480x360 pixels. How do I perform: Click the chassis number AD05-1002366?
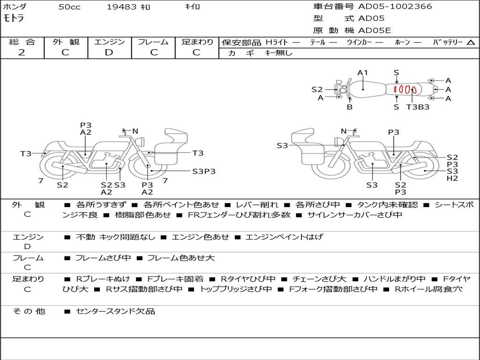point(395,7)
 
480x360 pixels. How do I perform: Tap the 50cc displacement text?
point(69,7)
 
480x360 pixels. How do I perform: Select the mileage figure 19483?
point(121,7)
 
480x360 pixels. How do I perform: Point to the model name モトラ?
point(14,19)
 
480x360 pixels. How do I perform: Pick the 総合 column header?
point(22,42)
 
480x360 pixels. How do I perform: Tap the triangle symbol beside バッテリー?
point(471,42)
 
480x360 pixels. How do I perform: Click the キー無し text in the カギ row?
point(278,53)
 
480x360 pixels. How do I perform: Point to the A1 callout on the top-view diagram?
point(363,73)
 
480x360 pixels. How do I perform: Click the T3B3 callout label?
point(418,107)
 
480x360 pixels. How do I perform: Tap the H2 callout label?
point(452,178)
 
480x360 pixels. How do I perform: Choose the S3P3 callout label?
point(204,171)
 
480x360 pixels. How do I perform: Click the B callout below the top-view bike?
point(350,107)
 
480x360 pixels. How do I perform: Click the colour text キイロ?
point(192,7)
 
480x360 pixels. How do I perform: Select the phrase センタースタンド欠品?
point(115,311)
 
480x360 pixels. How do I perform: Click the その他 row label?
point(29,311)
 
